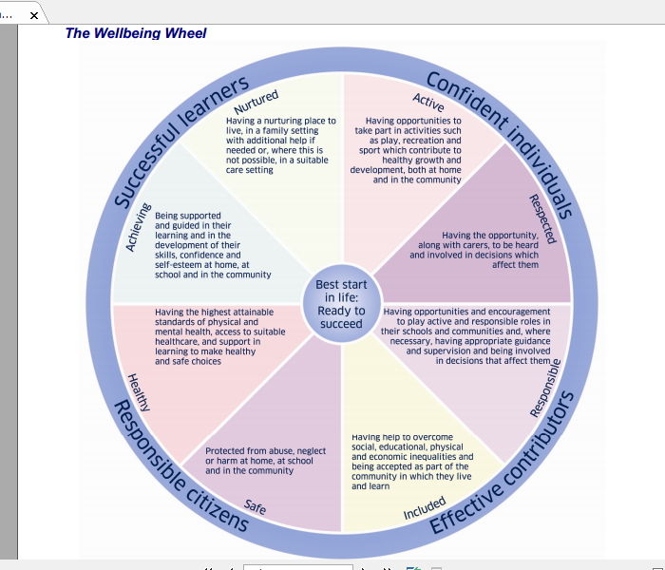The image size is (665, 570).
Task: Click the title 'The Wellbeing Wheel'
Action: (x=136, y=33)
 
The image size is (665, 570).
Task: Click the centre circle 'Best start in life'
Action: (x=341, y=304)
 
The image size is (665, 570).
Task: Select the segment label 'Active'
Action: (x=428, y=103)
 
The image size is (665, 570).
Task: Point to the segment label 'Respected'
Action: (x=542, y=218)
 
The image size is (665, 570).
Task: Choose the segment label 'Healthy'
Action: (x=139, y=391)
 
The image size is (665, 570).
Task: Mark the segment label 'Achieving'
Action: (x=139, y=228)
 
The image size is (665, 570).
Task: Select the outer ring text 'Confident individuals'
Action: (x=500, y=142)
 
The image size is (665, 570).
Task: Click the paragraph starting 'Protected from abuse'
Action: (x=265, y=461)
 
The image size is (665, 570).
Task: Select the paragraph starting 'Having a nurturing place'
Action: (x=280, y=145)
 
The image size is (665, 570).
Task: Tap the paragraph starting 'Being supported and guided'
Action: (x=212, y=245)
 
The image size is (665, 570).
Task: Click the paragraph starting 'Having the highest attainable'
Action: (x=219, y=336)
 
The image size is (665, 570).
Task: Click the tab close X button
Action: (x=35, y=15)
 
